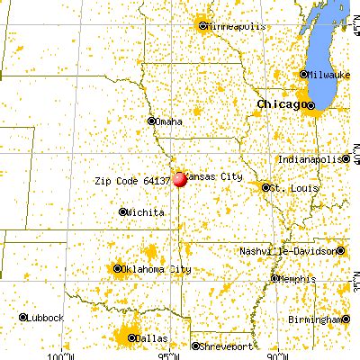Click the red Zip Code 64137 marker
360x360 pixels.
click(x=180, y=179)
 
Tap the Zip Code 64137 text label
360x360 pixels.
click(x=133, y=180)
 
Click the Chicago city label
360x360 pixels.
click(x=280, y=105)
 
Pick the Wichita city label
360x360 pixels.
click(x=146, y=212)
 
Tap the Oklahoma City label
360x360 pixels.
click(x=158, y=269)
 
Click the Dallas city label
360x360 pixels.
click(x=152, y=337)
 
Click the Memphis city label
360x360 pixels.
click(x=296, y=279)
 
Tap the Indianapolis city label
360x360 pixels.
click(x=310, y=159)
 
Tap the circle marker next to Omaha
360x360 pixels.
click(x=150, y=121)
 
